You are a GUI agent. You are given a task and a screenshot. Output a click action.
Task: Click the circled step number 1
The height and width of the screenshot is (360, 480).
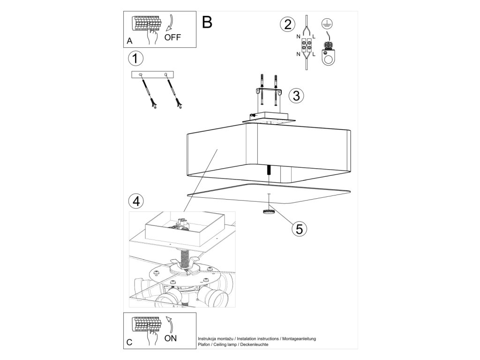135,59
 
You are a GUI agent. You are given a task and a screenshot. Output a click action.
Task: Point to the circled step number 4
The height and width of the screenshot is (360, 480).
135,201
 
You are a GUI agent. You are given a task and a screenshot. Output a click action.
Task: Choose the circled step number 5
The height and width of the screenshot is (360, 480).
299,228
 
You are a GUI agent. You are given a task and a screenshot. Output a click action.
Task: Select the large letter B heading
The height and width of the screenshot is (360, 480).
207,22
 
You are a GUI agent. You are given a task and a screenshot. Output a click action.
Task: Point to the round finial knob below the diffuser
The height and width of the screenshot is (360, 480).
269,212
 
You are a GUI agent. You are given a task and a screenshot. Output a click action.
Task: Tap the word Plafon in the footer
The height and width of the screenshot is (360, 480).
204,344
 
